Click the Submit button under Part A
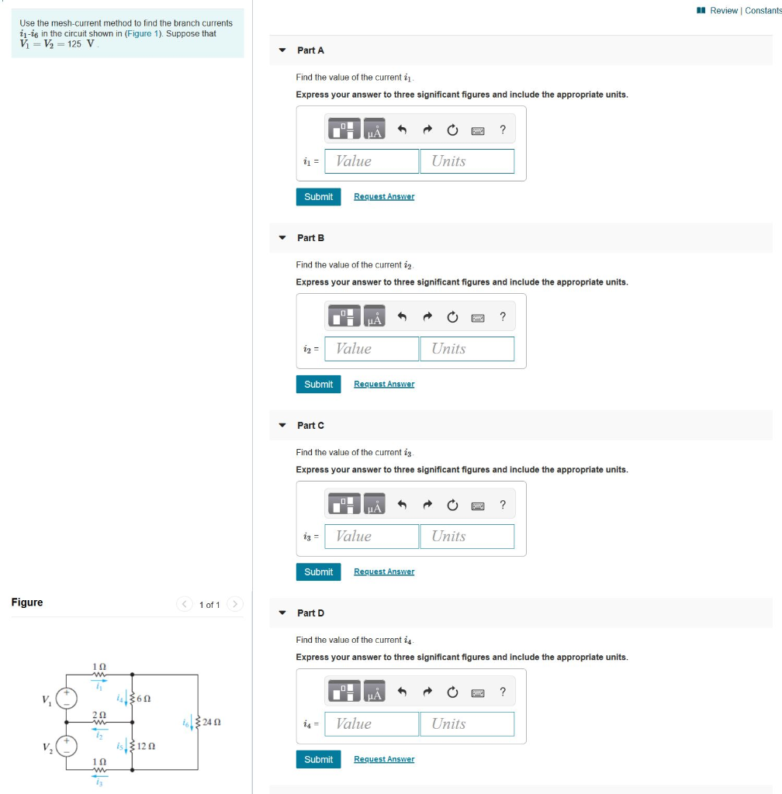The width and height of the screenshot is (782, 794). click(318, 197)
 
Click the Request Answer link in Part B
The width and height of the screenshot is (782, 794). click(384, 385)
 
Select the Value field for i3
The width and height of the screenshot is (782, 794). click(372, 537)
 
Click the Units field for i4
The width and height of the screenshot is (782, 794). click(467, 724)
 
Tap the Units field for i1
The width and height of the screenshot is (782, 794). click(467, 161)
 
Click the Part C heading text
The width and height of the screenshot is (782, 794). click(310, 426)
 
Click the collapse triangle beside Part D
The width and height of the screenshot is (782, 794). click(282, 613)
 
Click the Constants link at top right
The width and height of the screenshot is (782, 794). click(763, 10)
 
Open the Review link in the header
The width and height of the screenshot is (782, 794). click(724, 10)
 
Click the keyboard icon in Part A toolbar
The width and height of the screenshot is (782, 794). click(478, 130)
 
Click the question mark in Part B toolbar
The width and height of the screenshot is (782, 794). click(503, 317)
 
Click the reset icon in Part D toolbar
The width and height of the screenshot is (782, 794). click(452, 692)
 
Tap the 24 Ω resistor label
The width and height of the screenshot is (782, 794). click(212, 723)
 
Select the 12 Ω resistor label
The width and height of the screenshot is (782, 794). click(145, 747)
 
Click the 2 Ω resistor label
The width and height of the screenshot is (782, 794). click(99, 713)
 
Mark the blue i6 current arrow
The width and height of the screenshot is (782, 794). click(191, 723)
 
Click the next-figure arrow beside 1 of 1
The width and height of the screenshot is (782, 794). click(236, 604)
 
